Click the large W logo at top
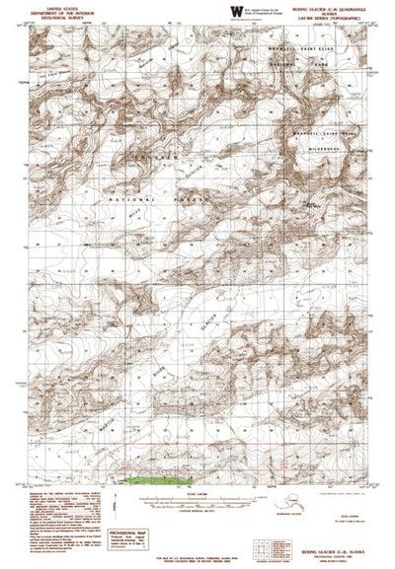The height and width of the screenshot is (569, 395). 234,11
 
